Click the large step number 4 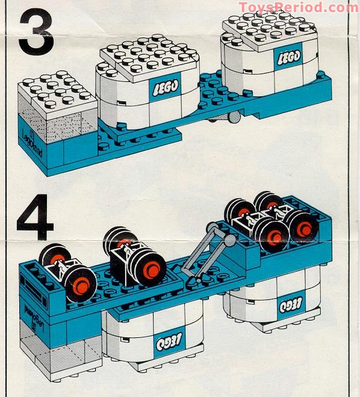35,212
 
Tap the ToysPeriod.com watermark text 298,7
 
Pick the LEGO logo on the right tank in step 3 288,57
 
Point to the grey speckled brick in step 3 57,128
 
